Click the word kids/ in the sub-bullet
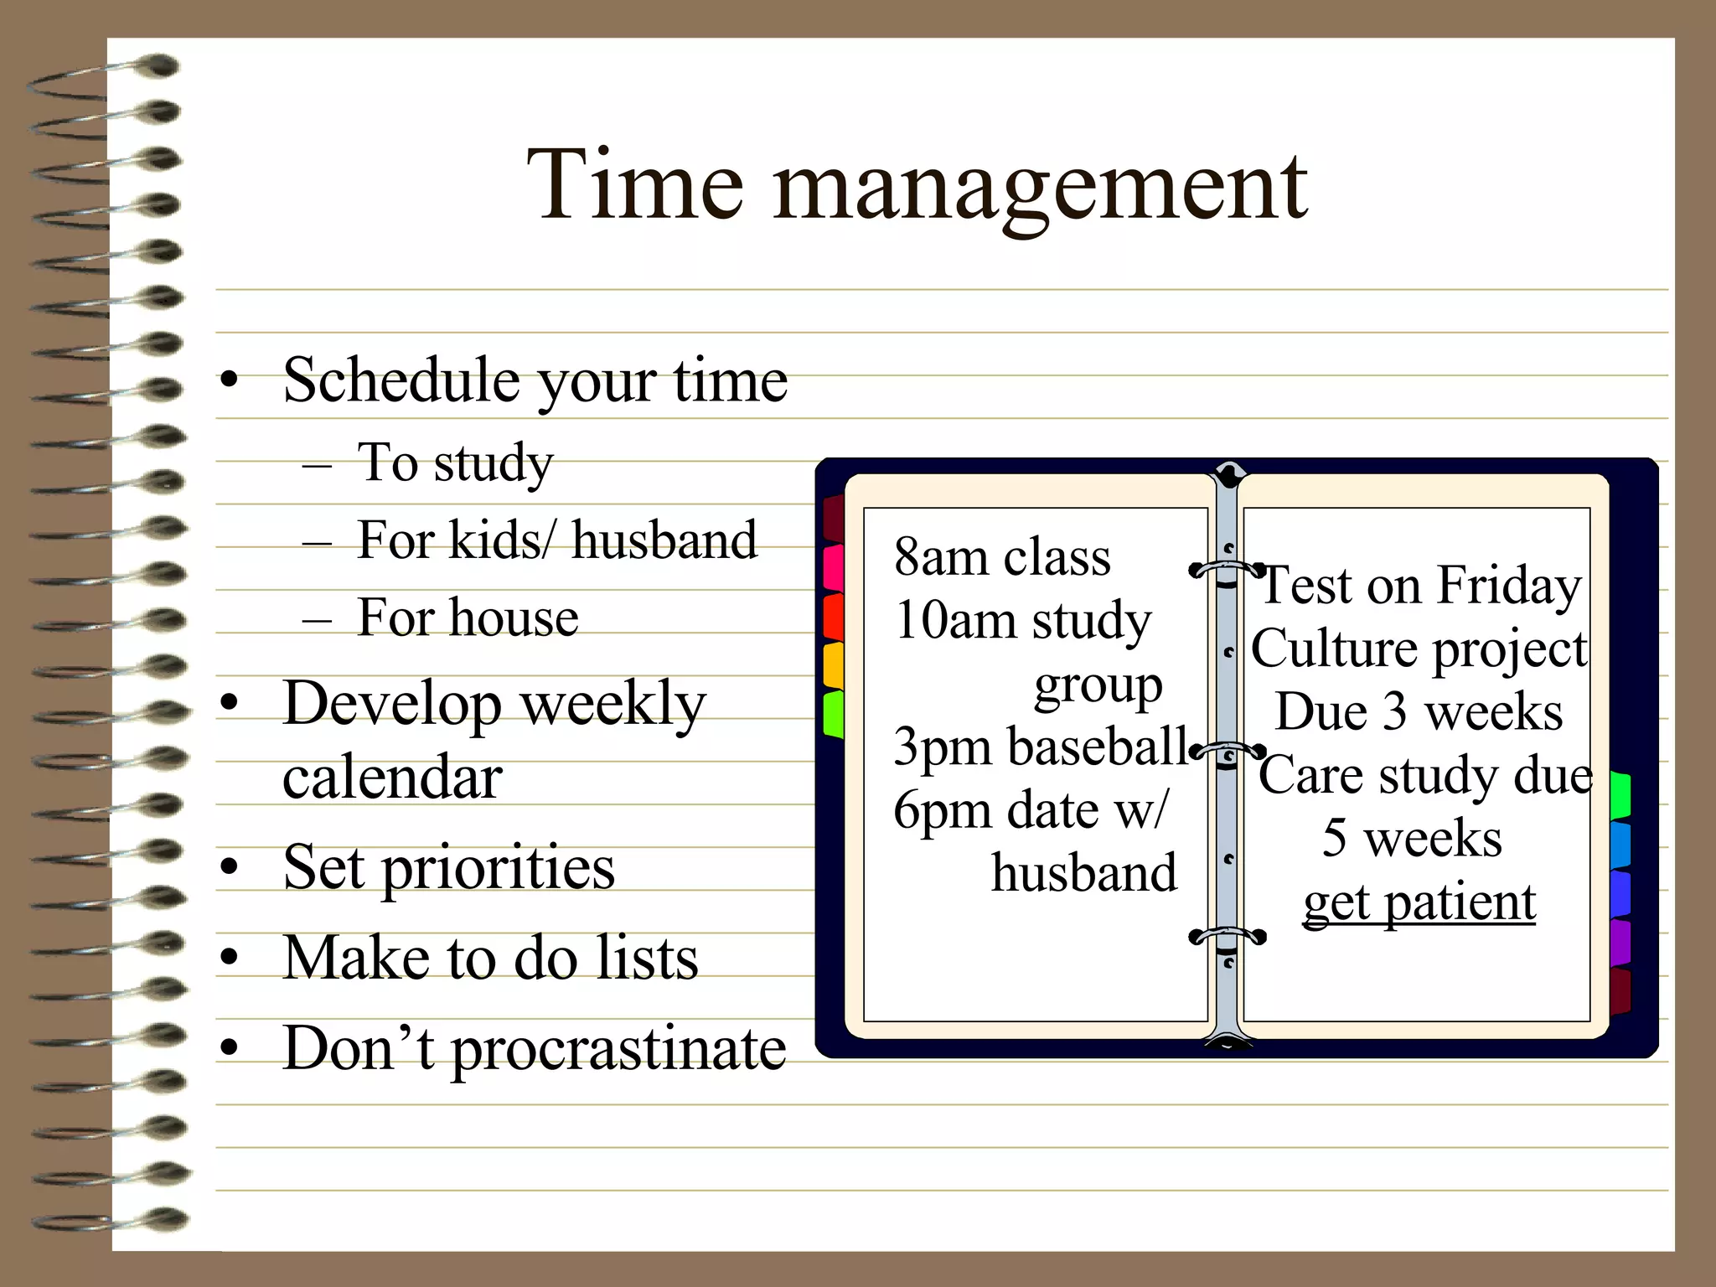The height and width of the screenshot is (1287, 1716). pyautogui.click(x=496, y=540)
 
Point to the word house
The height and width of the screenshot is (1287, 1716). pyautogui.click(x=514, y=618)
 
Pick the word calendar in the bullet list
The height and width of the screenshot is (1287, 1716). pyautogui.click(x=392, y=777)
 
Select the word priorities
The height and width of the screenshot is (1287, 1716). pyautogui.click(x=499, y=869)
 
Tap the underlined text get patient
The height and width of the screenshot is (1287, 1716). pyautogui.click(x=1419, y=903)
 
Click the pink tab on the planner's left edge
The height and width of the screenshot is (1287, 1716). pyautogui.click(x=834, y=568)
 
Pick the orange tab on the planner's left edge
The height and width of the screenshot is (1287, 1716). pyautogui.click(x=834, y=665)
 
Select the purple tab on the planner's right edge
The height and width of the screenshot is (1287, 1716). pyautogui.click(x=1620, y=943)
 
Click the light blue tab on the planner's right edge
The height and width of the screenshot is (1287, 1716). pyautogui.click(x=1620, y=845)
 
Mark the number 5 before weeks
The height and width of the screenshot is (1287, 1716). pyautogui.click(x=1334, y=838)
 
